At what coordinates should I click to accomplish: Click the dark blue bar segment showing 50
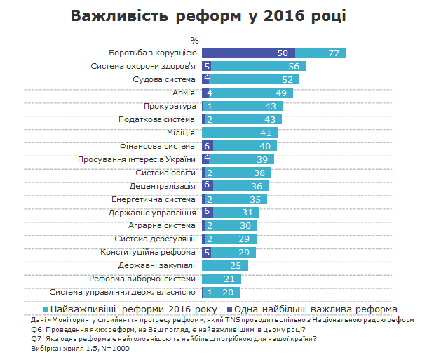click(x=248, y=53)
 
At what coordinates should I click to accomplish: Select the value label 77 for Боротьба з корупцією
click(x=334, y=53)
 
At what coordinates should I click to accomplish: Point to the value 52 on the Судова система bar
click(x=287, y=79)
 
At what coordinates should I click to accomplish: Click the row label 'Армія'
click(x=183, y=93)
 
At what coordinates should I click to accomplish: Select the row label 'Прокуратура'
click(x=169, y=106)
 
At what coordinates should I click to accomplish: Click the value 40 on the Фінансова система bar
click(x=264, y=146)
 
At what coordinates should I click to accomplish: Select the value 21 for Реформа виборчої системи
click(x=229, y=279)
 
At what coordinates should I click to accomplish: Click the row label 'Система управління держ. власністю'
click(x=123, y=293)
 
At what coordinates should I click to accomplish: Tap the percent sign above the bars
click(x=194, y=39)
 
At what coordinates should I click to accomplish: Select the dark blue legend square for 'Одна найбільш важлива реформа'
click(x=230, y=309)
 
